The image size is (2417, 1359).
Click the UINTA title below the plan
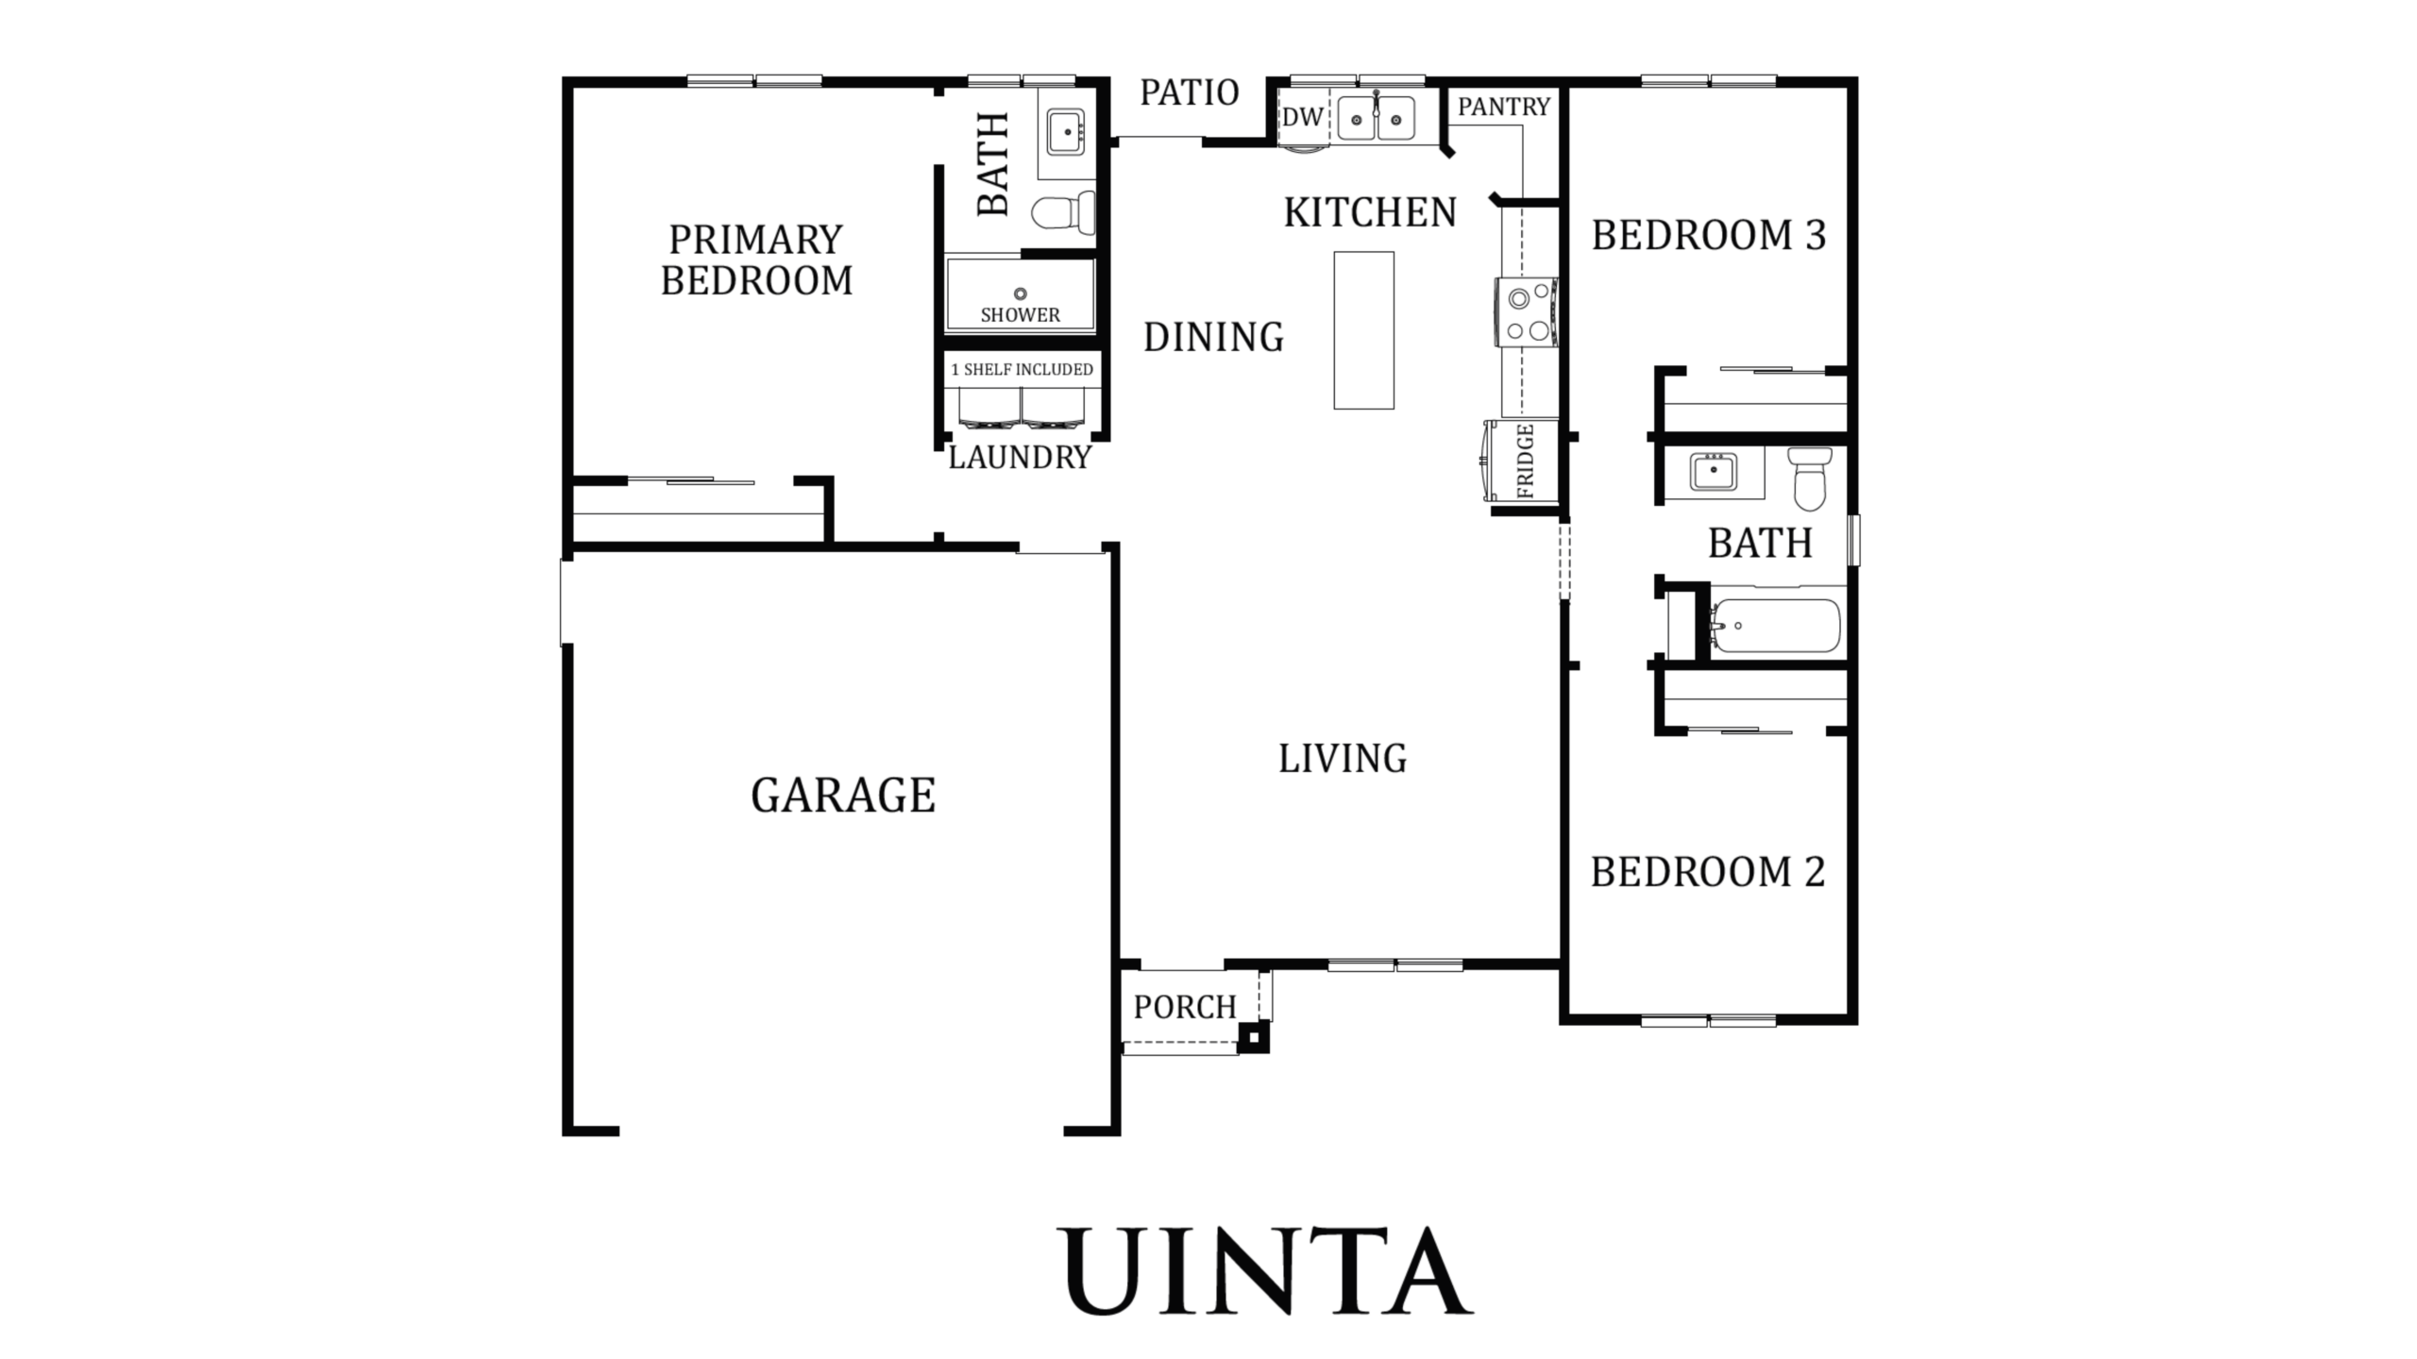[x=1265, y=1270]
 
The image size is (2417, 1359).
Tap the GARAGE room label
[x=843, y=795]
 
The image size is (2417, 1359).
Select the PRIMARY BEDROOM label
[x=756, y=260]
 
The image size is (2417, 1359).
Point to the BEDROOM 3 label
[x=1709, y=235]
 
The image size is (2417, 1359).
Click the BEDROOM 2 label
[x=1708, y=871]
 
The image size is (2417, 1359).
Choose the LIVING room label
[x=1343, y=758]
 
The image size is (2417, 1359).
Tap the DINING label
[x=1213, y=337]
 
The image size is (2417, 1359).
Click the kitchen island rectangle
[x=1363, y=330]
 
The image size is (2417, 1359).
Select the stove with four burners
[x=1527, y=312]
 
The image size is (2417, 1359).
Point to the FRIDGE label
[x=1526, y=461]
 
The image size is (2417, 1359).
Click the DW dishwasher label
[x=1302, y=117]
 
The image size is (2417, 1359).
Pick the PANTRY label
[x=1504, y=107]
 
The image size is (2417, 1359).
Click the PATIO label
[x=1190, y=92]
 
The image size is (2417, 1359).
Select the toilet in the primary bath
[x=1064, y=211]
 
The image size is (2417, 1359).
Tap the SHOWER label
[x=1020, y=315]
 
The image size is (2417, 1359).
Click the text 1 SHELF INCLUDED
[x=1022, y=369]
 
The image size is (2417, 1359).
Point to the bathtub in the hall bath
[x=1775, y=625]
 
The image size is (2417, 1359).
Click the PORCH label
[x=1185, y=1007]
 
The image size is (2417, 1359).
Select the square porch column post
[x=1254, y=1038]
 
